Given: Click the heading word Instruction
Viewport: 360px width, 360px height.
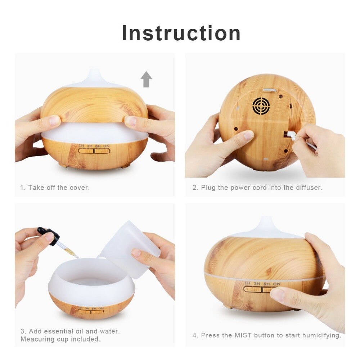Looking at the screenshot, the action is (x=181, y=33).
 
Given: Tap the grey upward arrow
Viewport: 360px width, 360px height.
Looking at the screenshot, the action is (x=146, y=79).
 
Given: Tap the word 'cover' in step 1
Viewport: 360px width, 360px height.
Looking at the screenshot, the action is (x=79, y=188).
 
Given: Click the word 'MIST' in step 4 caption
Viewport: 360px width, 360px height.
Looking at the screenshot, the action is (x=243, y=335).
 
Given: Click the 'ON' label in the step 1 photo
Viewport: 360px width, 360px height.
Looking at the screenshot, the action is (x=106, y=146).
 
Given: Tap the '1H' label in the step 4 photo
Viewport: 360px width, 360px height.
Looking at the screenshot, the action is (x=247, y=283).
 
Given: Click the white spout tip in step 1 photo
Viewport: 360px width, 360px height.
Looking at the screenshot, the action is (x=94, y=72).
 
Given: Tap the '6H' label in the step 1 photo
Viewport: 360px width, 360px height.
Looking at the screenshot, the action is (x=98, y=146).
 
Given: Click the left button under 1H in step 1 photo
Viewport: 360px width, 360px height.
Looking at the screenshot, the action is (x=86, y=151).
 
